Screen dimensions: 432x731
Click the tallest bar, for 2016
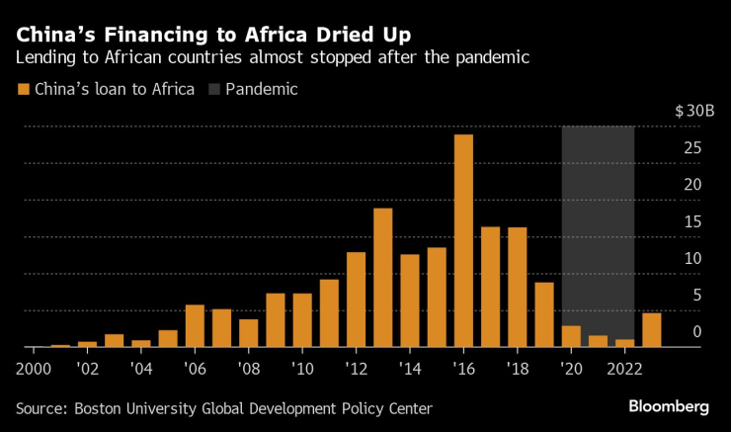tap(463, 241)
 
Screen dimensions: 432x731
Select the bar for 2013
tap(382, 278)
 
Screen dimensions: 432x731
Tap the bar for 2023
tap(651, 330)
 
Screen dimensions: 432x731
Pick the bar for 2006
tap(195, 326)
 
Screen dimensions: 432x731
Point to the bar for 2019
tap(543, 315)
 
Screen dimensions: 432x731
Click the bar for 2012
tap(356, 300)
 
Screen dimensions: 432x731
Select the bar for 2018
tap(517, 288)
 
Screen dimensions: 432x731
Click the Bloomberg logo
tap(669, 406)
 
